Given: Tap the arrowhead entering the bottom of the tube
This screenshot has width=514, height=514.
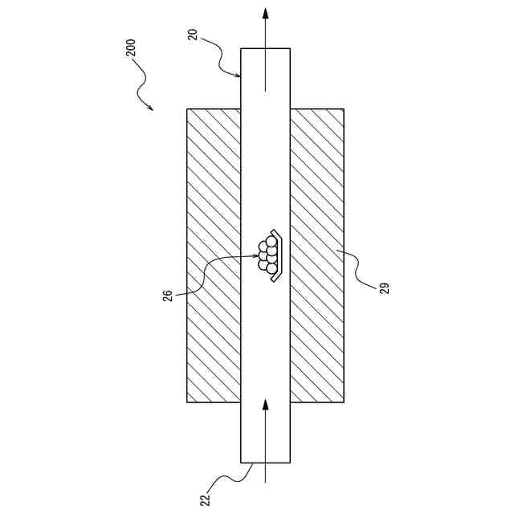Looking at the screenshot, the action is [x=266, y=404].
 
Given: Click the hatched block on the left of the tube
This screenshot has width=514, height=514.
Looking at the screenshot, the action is [x=214, y=255].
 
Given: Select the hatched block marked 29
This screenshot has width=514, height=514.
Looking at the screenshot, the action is [x=317, y=255].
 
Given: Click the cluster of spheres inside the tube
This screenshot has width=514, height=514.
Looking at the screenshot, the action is [x=267, y=255].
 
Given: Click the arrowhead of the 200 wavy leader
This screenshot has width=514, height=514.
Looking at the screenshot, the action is [x=152, y=109].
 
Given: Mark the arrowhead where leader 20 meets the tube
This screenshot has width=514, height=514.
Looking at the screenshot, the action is [x=239, y=76].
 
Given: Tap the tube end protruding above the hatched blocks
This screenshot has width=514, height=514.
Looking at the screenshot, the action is [x=266, y=79].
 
